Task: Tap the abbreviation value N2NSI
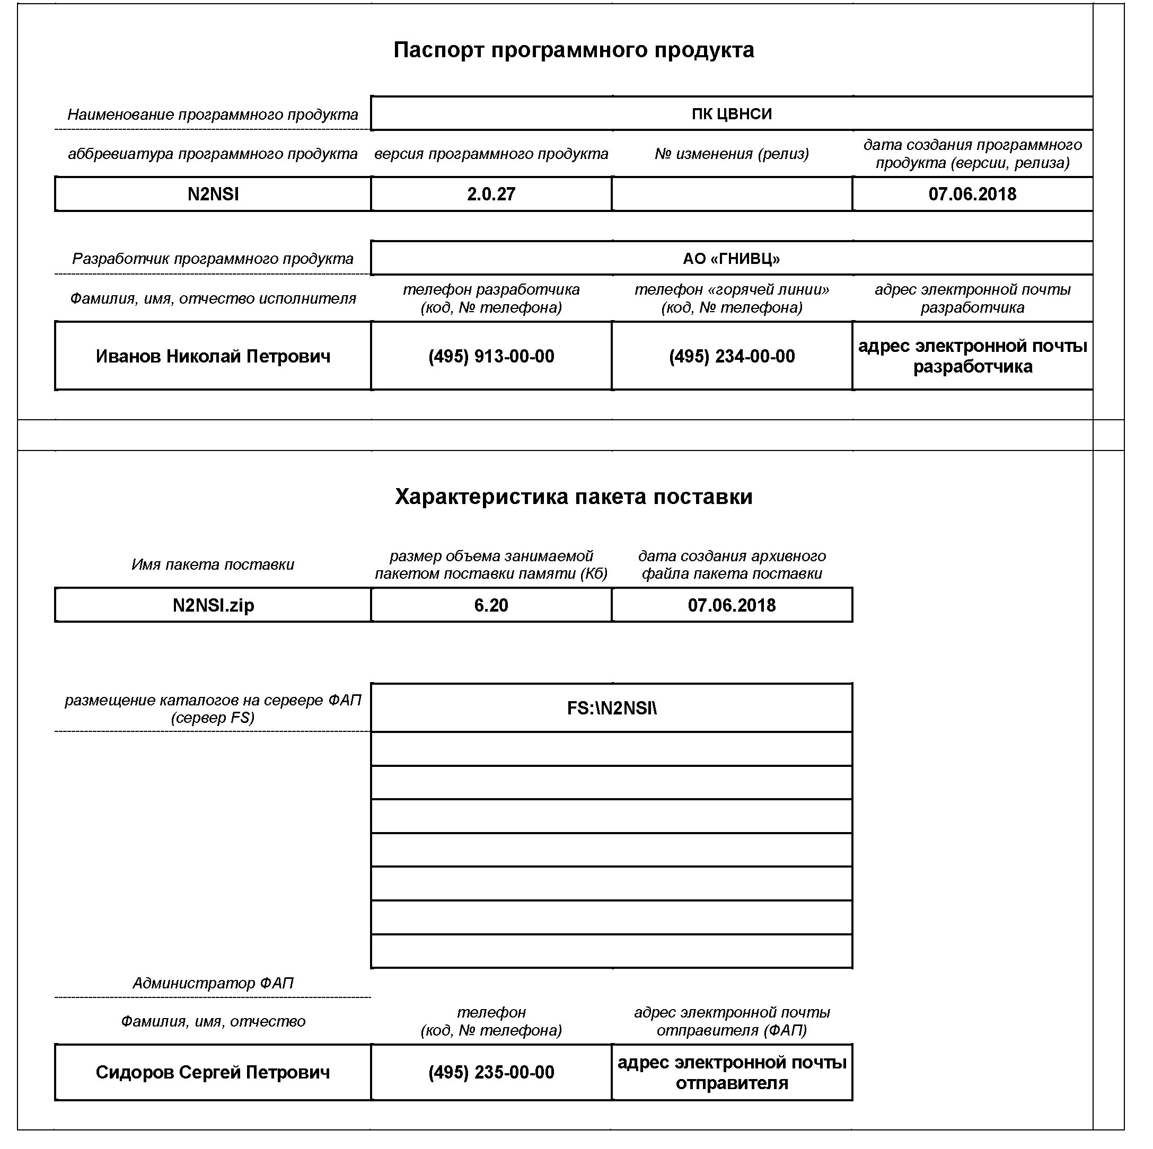[214, 195]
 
